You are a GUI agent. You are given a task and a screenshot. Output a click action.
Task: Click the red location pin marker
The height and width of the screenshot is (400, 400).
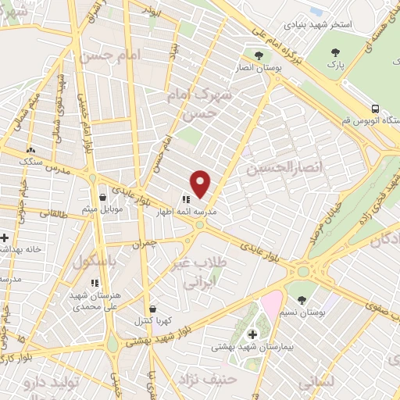pos(201,184)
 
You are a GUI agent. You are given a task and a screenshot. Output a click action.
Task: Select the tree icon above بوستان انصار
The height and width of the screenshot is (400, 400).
pos(259,55)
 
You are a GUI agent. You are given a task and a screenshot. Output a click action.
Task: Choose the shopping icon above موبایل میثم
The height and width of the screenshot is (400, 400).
pos(103,197)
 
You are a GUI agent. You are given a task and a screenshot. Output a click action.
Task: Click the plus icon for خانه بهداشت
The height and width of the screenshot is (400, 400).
pos(5,237)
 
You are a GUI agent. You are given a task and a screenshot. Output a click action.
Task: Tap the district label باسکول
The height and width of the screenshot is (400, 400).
pos(94,262)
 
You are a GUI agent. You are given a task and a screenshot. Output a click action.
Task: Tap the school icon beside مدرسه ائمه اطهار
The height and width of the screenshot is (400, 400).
pos(185,201)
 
